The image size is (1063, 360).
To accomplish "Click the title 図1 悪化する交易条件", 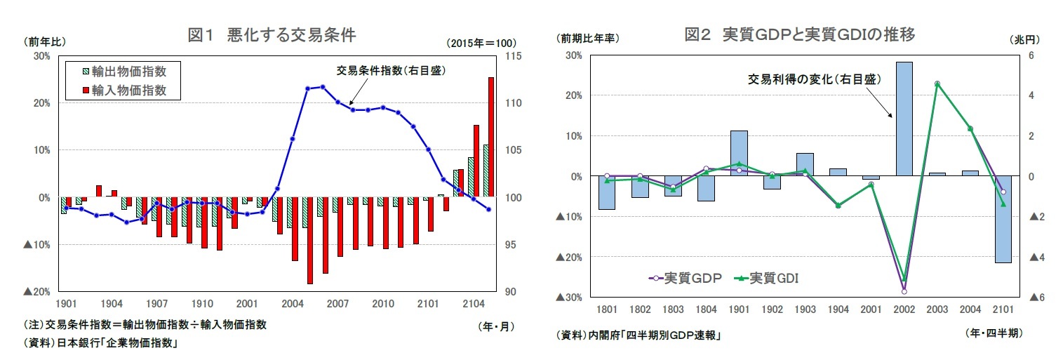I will pos(272,36).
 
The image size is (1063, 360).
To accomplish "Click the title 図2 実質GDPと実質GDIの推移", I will pos(799,34).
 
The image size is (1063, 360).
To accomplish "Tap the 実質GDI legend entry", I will pos(766,278).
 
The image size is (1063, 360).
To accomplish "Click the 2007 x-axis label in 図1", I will pos(337,304).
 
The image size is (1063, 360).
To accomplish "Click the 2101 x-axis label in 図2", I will pos(1002,309).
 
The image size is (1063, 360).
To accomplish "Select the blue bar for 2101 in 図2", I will pos(1003,219).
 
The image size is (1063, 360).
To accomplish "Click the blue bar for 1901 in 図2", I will pos(739,152).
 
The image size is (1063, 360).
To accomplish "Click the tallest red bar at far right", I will pos(491,137).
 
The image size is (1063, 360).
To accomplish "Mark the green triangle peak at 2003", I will pos(937,84).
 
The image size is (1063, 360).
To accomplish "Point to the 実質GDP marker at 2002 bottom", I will pos(904,291).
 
